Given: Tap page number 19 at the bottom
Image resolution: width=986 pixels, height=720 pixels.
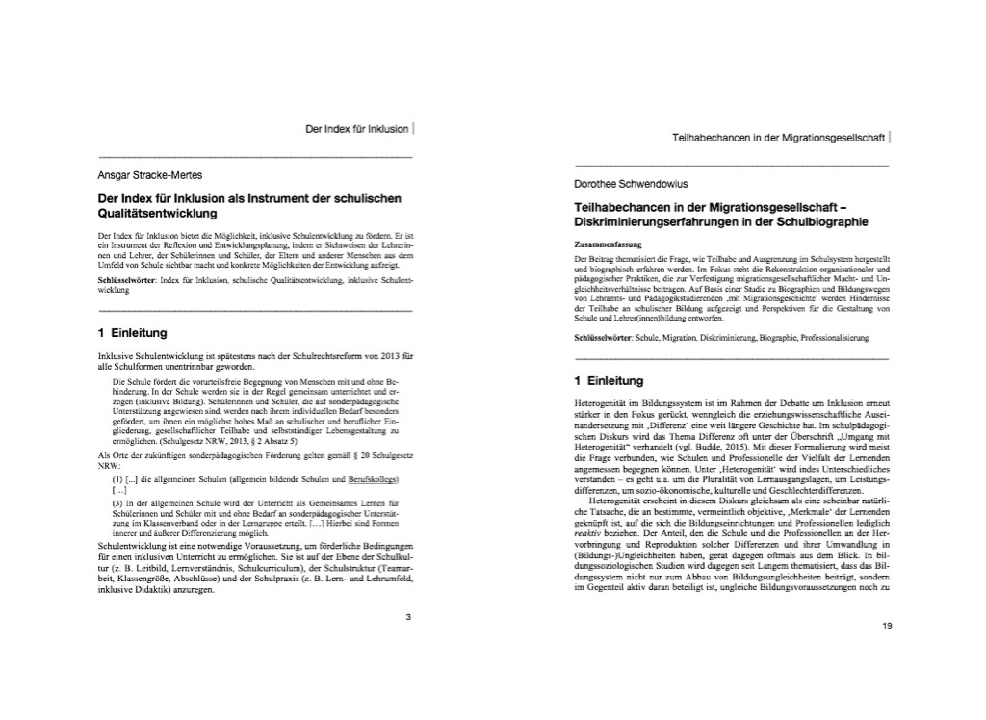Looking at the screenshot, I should (x=887, y=626).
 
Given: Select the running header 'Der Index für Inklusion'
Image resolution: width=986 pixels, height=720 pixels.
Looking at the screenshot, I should (x=356, y=128).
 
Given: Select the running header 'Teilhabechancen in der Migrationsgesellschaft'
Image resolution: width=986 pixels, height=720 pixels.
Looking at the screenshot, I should (x=778, y=138).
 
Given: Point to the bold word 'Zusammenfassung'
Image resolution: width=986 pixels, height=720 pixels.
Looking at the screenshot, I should (x=604, y=245).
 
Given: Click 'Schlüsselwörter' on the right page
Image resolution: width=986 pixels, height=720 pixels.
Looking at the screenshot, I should (x=603, y=339).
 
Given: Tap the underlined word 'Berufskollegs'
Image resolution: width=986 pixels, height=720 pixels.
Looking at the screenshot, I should (x=373, y=479).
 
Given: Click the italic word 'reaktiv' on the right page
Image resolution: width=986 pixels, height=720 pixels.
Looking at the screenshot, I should (x=587, y=530).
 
